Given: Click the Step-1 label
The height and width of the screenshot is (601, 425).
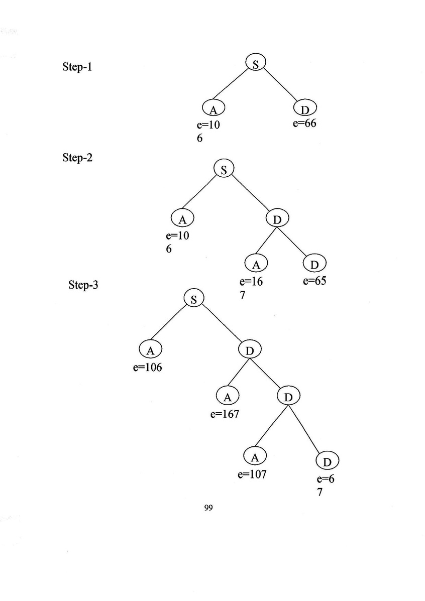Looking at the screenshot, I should [x=77, y=67].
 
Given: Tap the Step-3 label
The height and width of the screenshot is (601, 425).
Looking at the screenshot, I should [x=83, y=286].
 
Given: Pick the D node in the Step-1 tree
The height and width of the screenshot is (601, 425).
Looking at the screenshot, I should [x=304, y=109].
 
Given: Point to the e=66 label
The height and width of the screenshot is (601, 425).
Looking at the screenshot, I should [x=304, y=123].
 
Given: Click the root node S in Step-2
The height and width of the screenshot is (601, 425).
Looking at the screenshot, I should [x=224, y=169].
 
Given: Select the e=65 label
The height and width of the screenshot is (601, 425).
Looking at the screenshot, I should [x=314, y=281].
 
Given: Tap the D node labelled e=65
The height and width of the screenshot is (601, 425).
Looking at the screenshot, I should [x=314, y=264].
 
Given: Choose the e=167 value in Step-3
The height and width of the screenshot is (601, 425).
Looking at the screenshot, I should [x=225, y=414].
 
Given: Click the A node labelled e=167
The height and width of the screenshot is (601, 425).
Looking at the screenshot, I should [x=228, y=397].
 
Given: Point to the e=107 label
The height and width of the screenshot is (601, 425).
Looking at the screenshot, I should [x=252, y=474].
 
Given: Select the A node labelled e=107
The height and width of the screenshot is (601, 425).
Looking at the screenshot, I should [x=255, y=457].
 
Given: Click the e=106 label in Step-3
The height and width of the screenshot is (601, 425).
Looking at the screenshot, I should [x=148, y=368].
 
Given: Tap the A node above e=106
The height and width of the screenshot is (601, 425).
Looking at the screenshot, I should [x=150, y=350].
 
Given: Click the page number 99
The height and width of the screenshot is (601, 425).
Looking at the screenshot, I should [x=209, y=508].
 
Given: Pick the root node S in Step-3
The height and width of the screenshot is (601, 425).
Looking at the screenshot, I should [x=193, y=298].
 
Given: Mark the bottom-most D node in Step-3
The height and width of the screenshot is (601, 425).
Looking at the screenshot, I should [x=327, y=461].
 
